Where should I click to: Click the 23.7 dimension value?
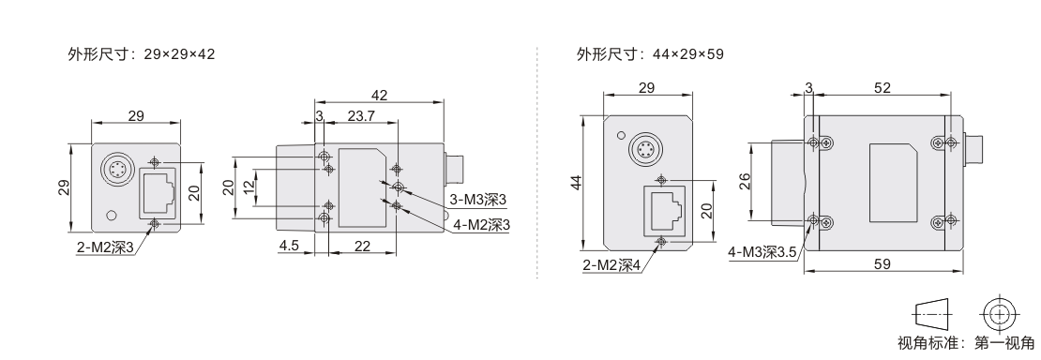point(361,115)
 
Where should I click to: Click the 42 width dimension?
point(379,95)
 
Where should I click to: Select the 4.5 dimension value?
point(289,246)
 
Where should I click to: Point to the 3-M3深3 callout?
point(478,200)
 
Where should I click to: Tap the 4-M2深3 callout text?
point(482,225)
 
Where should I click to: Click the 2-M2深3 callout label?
point(106,248)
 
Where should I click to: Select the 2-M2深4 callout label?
point(611,266)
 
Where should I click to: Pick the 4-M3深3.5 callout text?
point(762,252)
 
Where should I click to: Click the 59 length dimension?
point(883,263)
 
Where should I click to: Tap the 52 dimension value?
point(883,88)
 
